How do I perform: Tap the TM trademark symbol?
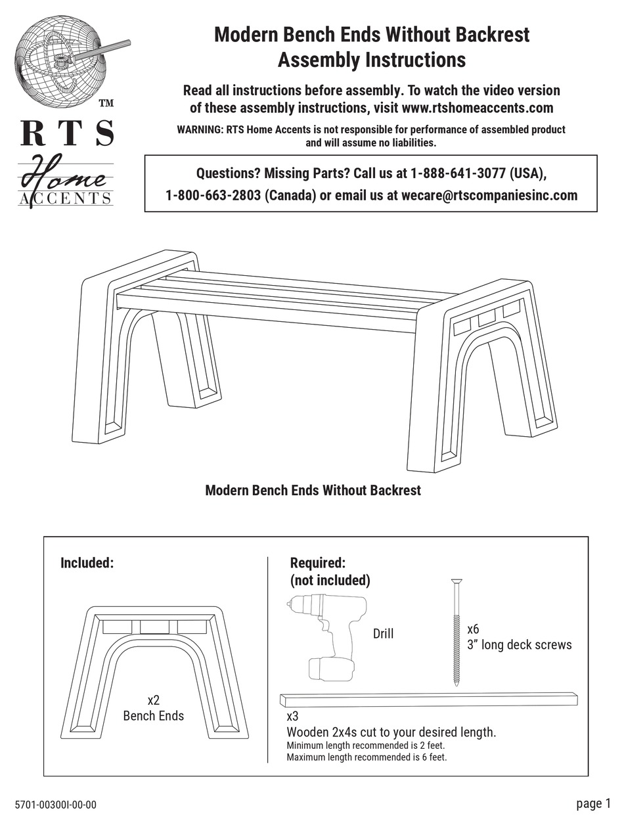click(105, 103)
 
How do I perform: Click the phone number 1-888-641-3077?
click(458, 173)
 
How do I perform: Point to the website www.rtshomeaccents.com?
click(477, 107)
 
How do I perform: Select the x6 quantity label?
click(473, 629)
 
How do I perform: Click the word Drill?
click(383, 634)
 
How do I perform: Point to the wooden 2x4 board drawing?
click(428, 700)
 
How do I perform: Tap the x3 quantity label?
click(292, 716)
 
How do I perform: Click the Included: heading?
click(87, 563)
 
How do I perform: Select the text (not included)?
click(330, 580)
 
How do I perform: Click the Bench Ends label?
click(154, 716)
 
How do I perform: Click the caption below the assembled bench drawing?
click(313, 490)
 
